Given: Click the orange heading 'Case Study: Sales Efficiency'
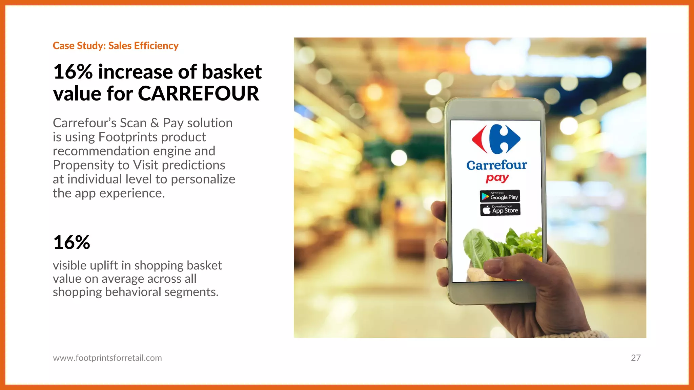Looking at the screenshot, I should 116,46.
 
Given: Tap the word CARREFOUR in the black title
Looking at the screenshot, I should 198,93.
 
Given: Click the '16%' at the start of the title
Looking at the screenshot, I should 73,72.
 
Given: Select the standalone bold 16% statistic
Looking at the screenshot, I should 72,242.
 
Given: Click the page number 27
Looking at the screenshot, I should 635,358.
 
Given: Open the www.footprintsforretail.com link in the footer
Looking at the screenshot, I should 107,358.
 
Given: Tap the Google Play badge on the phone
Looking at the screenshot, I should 499,196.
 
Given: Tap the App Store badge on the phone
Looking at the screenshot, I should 500,210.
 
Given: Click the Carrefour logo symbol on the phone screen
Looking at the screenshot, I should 496,139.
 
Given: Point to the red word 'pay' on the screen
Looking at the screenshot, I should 497,178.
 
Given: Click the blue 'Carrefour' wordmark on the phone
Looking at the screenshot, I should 496,165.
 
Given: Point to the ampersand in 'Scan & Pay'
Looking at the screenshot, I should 155,123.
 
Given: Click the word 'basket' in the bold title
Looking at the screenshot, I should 231,72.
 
